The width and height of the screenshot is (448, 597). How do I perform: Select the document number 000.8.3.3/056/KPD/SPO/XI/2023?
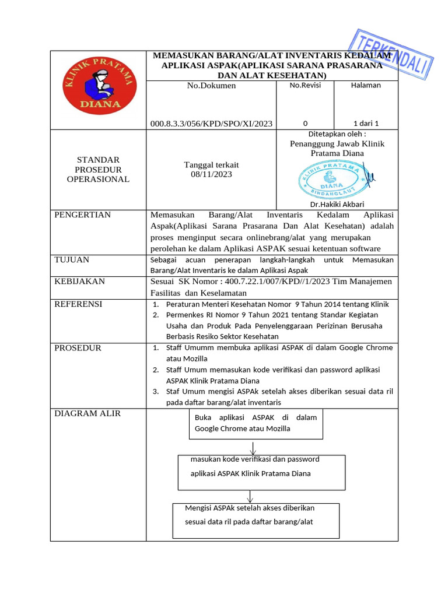(211, 124)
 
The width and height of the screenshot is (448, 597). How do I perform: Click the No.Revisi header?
(304, 85)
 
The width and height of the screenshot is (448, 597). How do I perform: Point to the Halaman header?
(366, 85)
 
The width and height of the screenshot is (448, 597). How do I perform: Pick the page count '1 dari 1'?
(366, 124)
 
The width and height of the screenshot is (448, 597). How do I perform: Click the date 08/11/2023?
(211, 174)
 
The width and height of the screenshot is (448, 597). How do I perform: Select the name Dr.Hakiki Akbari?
(337, 205)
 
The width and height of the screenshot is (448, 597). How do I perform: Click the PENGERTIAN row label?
(82, 215)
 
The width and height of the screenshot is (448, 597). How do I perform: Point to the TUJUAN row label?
(72, 260)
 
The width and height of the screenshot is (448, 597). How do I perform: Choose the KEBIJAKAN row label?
(79, 282)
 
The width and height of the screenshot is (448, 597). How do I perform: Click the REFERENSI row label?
(78, 304)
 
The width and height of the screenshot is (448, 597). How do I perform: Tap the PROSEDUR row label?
(78, 348)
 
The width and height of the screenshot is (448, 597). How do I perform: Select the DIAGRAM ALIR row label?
(87, 414)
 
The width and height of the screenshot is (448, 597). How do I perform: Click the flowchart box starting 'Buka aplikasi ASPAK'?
(256, 423)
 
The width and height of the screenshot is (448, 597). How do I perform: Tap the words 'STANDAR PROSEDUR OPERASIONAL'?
(98, 170)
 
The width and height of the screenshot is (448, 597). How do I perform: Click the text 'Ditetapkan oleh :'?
(337, 134)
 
